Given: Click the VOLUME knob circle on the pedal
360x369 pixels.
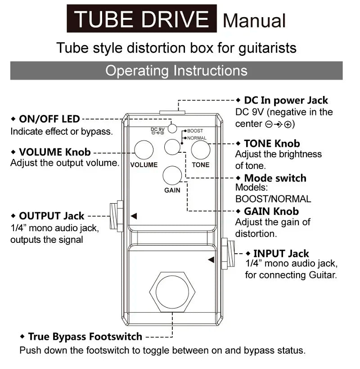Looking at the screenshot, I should tap(144, 150).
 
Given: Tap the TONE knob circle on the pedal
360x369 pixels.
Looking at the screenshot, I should tap(201, 150).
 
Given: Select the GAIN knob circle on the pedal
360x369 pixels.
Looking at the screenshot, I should tap(172, 175).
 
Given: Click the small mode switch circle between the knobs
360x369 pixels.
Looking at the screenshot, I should tap(172, 147).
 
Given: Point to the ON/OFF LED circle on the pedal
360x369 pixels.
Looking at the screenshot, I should tap(172, 127).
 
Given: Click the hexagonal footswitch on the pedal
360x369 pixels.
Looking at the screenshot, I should tap(172, 292).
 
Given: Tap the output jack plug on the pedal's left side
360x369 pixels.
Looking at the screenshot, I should tap(116, 216).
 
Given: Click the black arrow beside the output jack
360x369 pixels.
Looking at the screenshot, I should tap(134, 216).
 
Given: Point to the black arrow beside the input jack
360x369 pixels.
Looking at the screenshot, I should tap(211, 260).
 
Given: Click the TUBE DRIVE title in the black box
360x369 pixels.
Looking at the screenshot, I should tap(142, 19).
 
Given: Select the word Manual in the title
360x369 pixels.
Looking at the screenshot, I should tap(254, 21).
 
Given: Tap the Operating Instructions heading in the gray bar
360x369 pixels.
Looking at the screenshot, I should tap(176, 71).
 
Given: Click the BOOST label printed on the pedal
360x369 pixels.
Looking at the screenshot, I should tap(195, 131).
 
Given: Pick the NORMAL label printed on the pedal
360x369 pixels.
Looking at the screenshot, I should tap(197, 138).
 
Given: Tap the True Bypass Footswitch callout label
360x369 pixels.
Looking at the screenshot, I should tap(85, 337).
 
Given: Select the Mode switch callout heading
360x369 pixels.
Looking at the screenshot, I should tap(275, 178).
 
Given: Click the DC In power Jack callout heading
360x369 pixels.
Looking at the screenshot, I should tap(286, 100).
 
